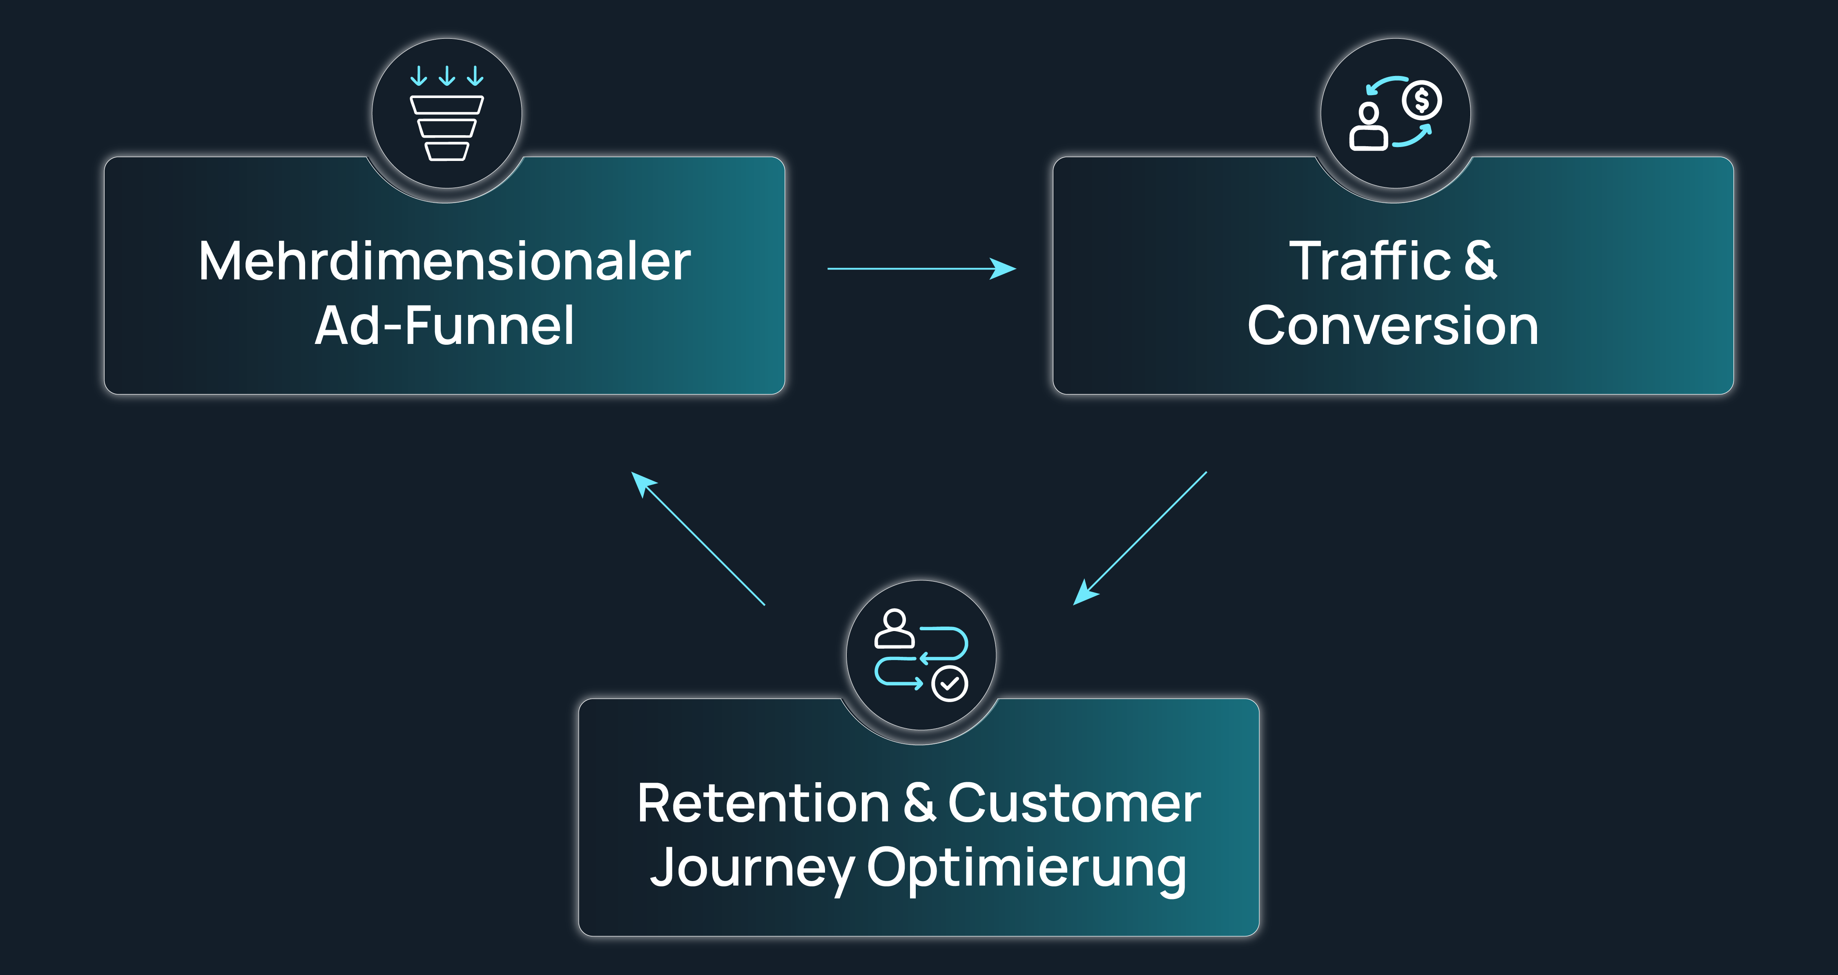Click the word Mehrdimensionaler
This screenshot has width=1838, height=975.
(444, 261)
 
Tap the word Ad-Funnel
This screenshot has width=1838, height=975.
(444, 326)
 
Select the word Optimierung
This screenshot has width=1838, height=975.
(1027, 869)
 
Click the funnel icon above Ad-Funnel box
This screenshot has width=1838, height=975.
(447, 114)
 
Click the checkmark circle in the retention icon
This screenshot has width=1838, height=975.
(950, 684)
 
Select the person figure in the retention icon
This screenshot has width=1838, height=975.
(894, 628)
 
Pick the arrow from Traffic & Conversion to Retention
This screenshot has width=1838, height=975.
(1140, 538)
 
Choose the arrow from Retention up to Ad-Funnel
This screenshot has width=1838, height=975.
(698, 538)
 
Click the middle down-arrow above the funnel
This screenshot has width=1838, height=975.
(447, 76)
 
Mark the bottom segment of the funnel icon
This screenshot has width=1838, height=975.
(447, 151)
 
